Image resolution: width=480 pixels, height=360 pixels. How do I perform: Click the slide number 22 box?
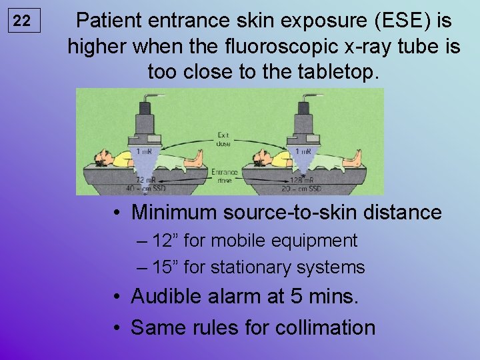23,21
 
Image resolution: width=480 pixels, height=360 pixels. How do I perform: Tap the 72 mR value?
143,179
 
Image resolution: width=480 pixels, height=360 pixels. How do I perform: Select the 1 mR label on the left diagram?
143,152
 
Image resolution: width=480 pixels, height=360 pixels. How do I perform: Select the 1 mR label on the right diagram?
303,152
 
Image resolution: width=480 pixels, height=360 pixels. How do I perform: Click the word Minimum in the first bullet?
171,213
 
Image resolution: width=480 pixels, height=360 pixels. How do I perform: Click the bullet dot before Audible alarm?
117,296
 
